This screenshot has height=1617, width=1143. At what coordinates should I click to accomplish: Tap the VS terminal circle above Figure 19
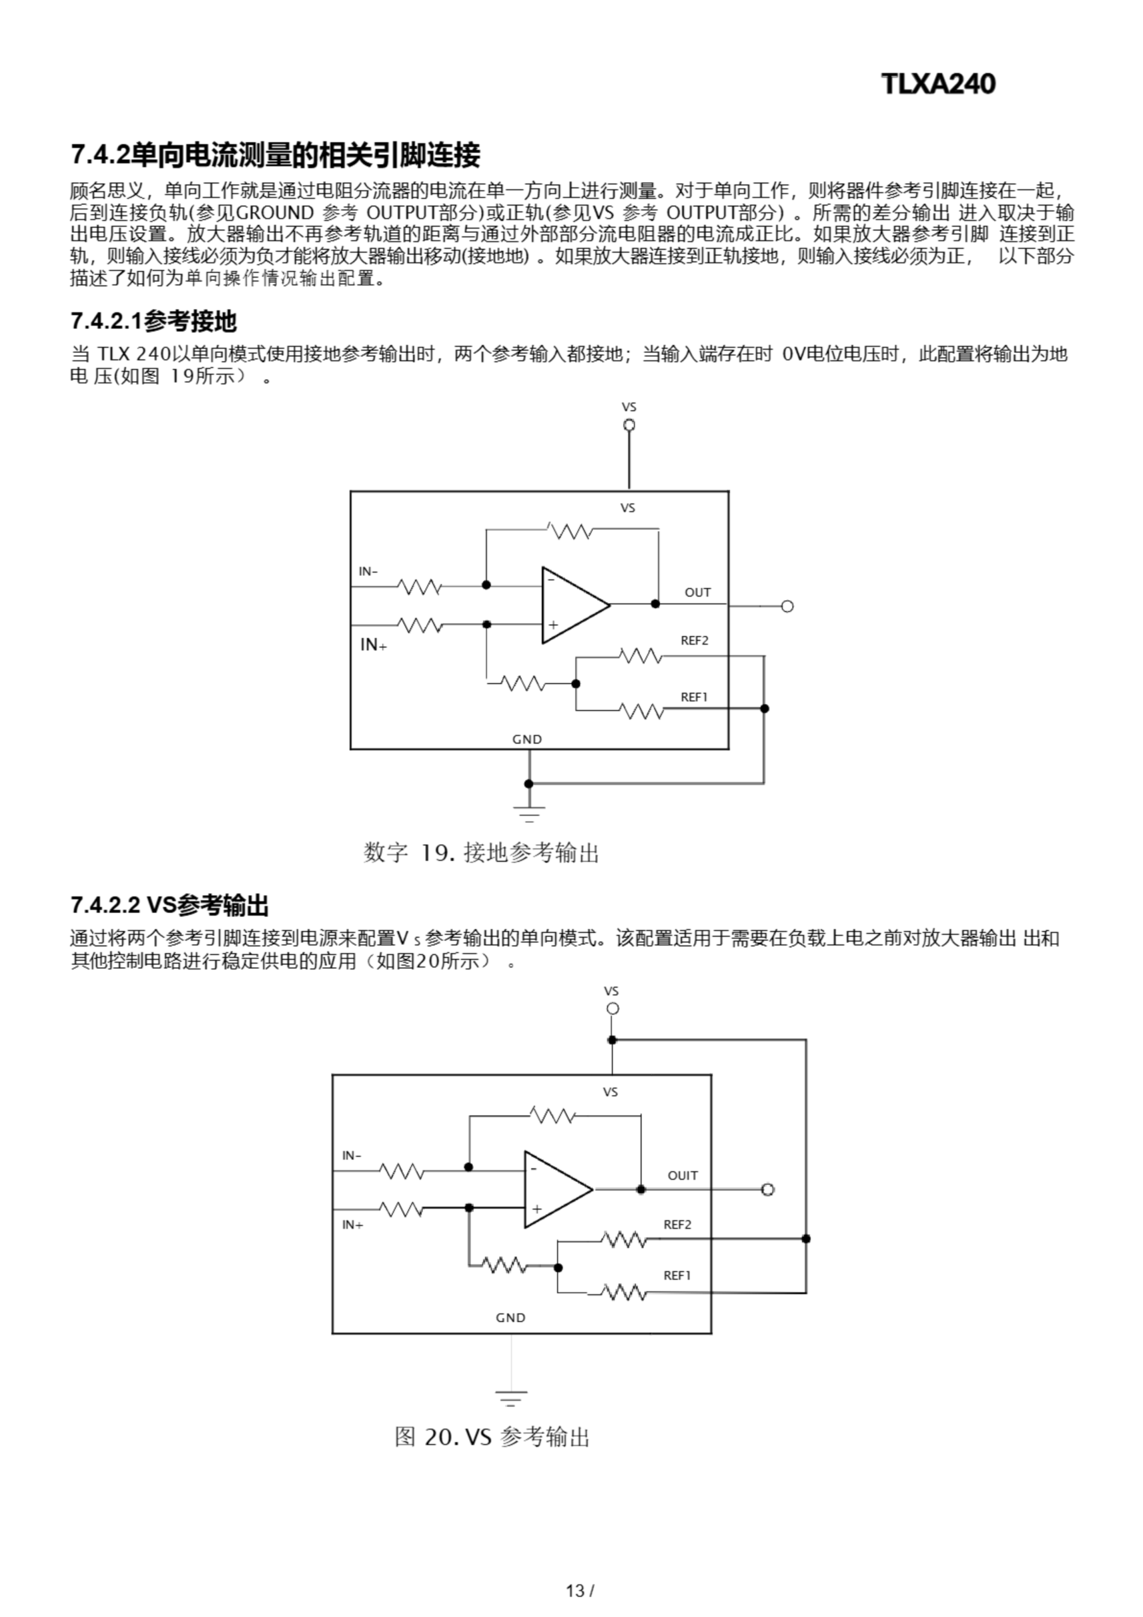[x=630, y=424]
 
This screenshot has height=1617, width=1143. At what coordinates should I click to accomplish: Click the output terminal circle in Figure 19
[x=787, y=606]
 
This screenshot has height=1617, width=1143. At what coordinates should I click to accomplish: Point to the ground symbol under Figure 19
[x=529, y=814]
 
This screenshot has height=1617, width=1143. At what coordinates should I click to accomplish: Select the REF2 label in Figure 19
[x=695, y=640]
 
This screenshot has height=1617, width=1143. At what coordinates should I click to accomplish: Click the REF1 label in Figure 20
[x=678, y=1275]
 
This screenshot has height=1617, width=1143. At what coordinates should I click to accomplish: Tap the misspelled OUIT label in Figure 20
[x=683, y=1175]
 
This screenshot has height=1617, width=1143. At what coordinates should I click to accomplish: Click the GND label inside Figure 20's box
[x=511, y=1318]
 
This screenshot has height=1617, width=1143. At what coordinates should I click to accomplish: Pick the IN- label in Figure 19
[x=368, y=571]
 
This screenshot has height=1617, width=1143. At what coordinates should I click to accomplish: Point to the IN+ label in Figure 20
[x=353, y=1225]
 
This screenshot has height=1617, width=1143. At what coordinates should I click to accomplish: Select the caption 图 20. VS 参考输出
[x=491, y=1437]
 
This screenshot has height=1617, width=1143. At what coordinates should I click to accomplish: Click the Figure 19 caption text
[x=481, y=853]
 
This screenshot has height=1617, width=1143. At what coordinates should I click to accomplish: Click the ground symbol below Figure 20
[x=512, y=1398]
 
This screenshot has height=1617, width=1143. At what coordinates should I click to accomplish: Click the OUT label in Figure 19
[x=698, y=592]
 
